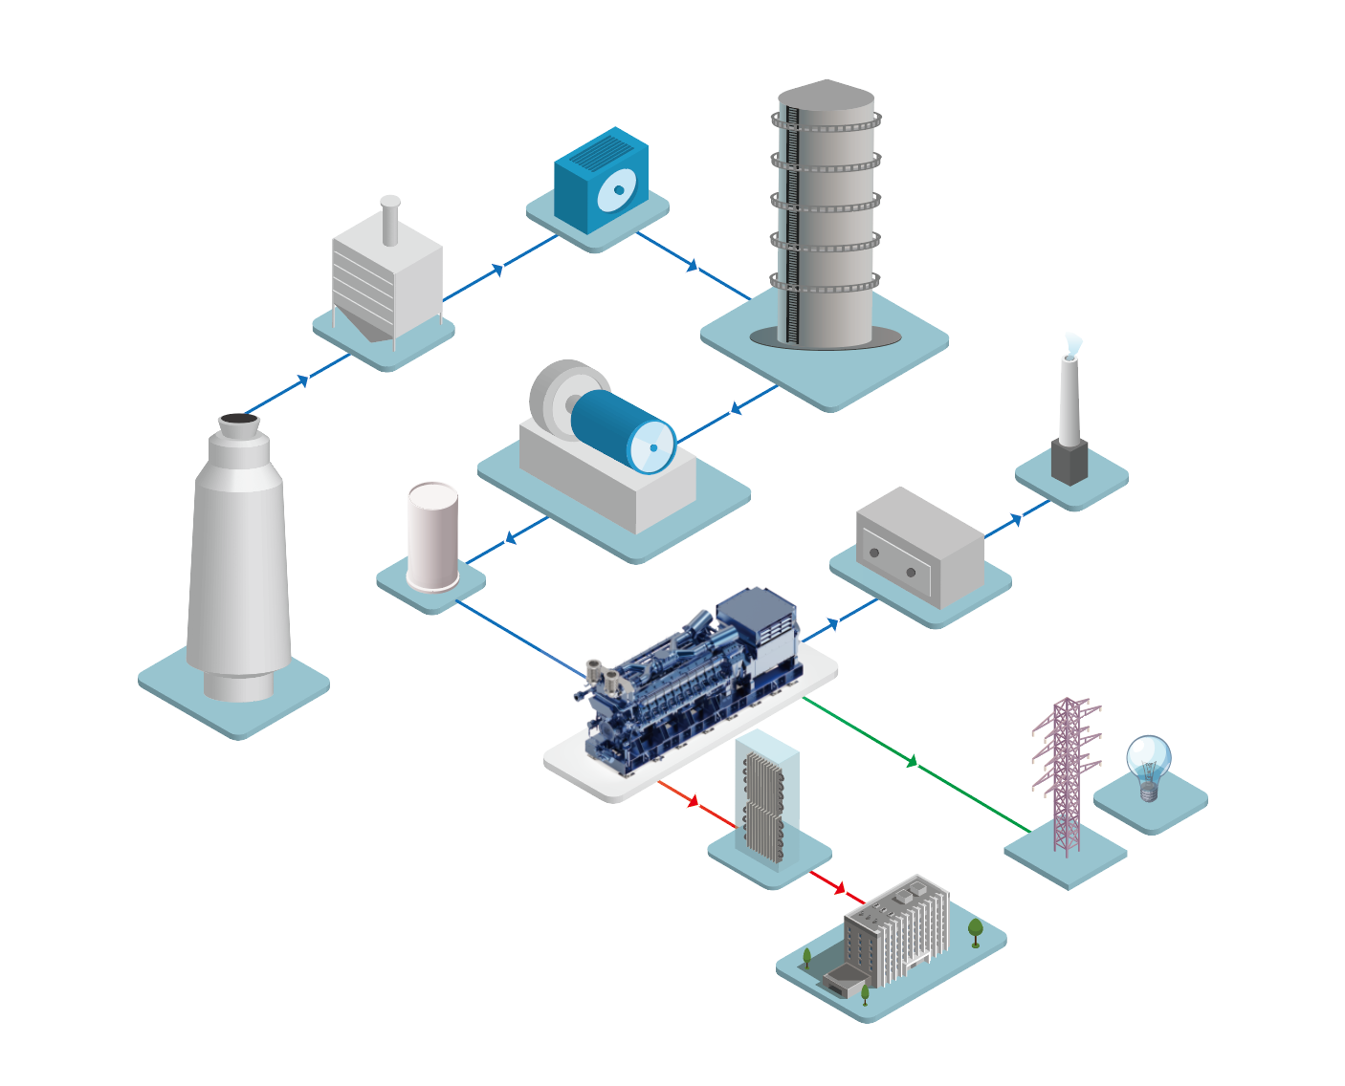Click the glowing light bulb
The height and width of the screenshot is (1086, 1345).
click(x=1148, y=762)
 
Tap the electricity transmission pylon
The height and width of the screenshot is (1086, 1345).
click(x=1067, y=774)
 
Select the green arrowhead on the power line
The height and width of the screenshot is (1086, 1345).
click(x=913, y=761)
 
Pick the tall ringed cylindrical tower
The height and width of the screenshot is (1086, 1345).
click(x=826, y=215)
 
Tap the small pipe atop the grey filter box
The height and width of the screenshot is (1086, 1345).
click(x=390, y=220)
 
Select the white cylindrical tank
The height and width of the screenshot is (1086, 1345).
click(x=433, y=536)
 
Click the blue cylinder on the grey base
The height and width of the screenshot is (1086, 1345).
click(x=623, y=430)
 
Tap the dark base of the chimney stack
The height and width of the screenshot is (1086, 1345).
click(x=1069, y=462)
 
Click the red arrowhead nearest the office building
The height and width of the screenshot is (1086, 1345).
click(x=839, y=889)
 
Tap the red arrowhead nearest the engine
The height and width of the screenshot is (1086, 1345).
click(x=694, y=801)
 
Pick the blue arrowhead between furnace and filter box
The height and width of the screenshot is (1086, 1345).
click(x=303, y=380)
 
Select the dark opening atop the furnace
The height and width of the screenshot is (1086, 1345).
click(x=236, y=420)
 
